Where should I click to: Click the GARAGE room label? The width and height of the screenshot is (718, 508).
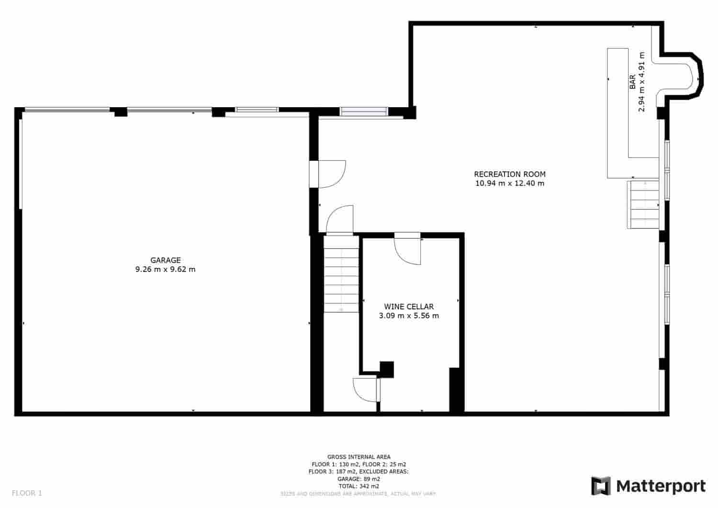[x=166, y=260]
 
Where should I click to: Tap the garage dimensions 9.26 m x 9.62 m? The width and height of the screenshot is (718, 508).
[x=166, y=269]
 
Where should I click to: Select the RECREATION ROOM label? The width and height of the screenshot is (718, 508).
[x=509, y=174]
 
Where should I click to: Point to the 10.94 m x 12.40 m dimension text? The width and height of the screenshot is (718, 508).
[x=509, y=183]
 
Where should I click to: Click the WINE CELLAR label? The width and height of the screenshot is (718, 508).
[x=409, y=306]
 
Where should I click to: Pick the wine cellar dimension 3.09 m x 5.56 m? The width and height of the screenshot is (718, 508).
[x=409, y=316]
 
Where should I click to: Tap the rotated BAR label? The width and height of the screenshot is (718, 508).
[x=632, y=82]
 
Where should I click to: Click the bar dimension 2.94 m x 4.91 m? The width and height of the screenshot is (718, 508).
[x=641, y=82]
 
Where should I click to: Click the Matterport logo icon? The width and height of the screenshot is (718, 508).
[x=601, y=486]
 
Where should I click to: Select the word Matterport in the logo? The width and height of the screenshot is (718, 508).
[x=661, y=486]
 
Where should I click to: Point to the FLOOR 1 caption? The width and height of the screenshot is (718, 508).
[x=27, y=493]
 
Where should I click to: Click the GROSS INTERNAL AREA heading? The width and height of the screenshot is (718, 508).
[x=359, y=457]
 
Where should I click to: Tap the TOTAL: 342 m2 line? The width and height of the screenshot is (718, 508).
[x=359, y=486]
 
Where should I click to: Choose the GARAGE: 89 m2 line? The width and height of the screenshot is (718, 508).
[x=359, y=479]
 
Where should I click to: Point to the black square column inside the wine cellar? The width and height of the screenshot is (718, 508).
[x=386, y=369]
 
